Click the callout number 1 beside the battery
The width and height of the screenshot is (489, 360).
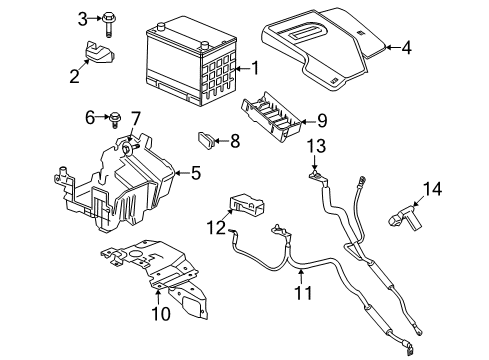click(x=253, y=68)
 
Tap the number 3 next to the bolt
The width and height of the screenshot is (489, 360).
click(x=81, y=17)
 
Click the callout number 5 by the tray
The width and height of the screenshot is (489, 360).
click(x=195, y=173)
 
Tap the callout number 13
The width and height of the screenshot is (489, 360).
click(x=316, y=147)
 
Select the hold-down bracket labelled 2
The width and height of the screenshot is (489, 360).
click(x=96, y=53)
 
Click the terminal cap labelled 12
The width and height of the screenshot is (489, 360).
click(x=247, y=204)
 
